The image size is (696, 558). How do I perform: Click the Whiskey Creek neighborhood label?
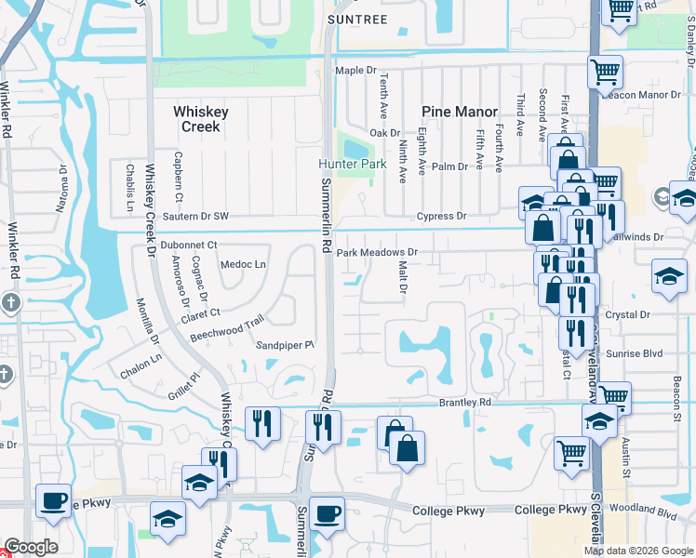pos(200,118)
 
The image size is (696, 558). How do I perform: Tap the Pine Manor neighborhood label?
pos(460,112)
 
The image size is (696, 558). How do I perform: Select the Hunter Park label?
pos(352,164)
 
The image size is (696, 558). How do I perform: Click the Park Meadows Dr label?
pos(378,252)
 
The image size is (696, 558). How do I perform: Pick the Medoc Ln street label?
pos(243,264)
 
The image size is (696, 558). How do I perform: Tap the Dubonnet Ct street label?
pos(188,245)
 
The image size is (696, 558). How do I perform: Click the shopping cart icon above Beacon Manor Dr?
pos(605,71)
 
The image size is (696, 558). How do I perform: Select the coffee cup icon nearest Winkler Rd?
pos(53,498)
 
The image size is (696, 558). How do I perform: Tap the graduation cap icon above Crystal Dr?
pos(669,276)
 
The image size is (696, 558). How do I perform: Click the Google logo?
pos(31,547)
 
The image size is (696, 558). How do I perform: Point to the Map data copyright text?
pos(637,551)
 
